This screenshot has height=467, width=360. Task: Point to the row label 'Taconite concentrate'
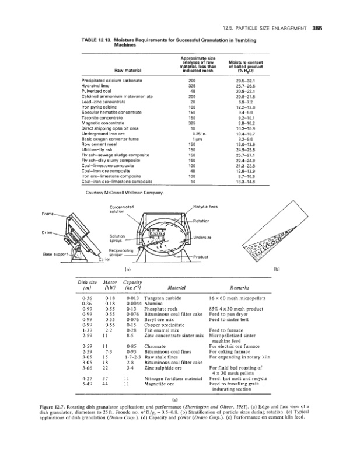105,116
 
